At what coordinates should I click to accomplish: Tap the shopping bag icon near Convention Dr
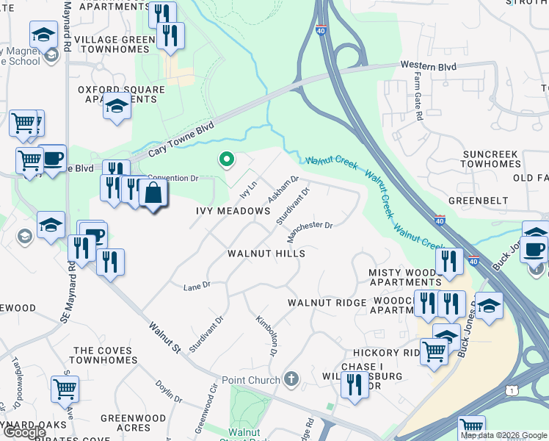153,194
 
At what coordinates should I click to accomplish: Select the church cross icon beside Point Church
291,379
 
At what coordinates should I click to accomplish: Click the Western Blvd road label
429,67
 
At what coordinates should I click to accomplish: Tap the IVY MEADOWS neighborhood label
233,211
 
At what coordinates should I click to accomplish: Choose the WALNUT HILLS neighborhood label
266,253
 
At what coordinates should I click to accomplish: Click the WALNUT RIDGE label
327,303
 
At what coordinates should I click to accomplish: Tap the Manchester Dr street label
310,232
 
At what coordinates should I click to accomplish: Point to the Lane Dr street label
197,285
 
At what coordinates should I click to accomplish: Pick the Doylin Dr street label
169,391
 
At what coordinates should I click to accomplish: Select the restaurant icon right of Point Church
355,384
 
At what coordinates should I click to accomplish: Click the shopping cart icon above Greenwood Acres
65,388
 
